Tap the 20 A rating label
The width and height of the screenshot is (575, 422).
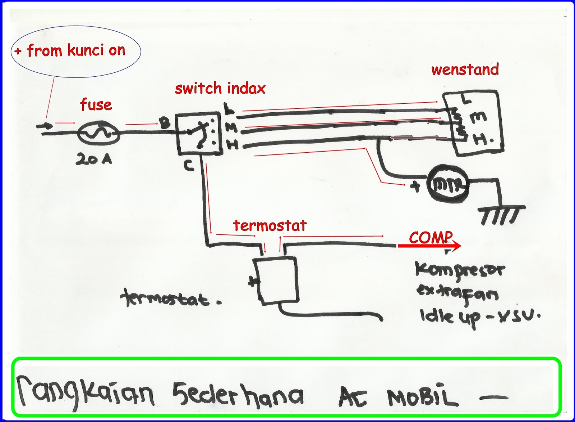point(94,159)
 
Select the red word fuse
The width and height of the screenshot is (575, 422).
point(96,105)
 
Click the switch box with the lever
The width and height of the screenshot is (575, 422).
point(198,134)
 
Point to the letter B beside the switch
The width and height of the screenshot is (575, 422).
point(165,124)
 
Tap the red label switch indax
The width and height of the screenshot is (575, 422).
point(220,88)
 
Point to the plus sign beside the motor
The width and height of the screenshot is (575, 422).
point(415,186)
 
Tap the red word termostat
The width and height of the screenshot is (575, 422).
point(270,225)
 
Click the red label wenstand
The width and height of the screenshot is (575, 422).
point(465,69)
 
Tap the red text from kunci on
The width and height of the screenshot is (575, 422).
point(76,51)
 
